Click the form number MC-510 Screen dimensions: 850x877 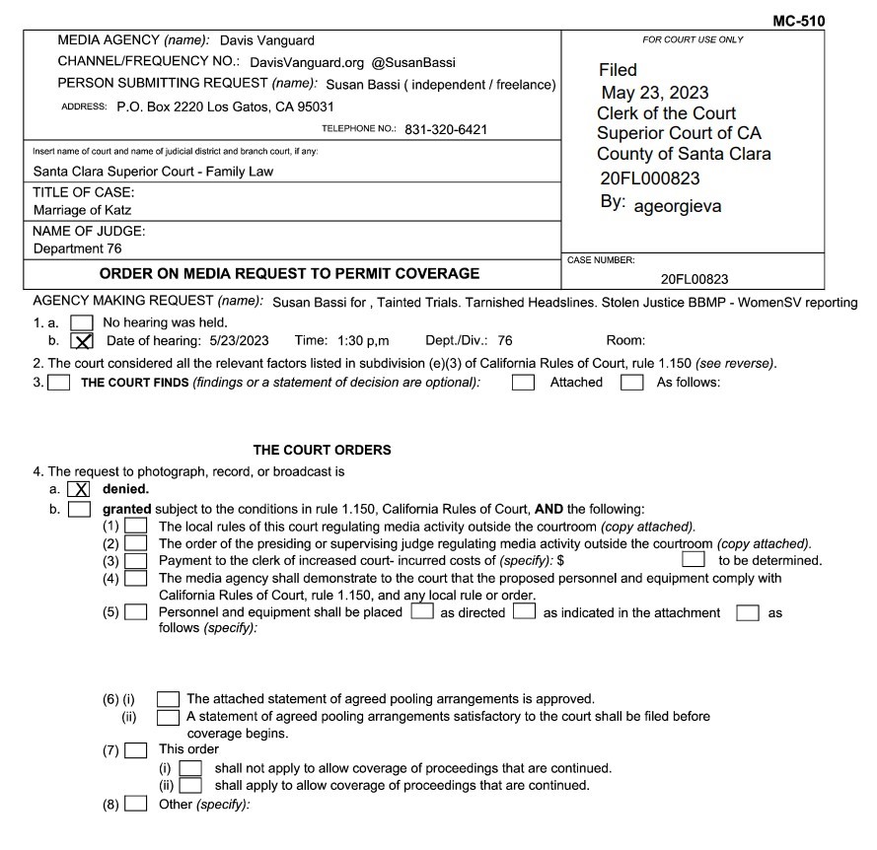(x=800, y=21)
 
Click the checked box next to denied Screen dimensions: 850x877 (x=79, y=489)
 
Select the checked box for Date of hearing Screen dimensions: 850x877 (x=83, y=340)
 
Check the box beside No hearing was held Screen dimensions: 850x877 (x=83, y=321)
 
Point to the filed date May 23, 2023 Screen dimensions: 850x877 (x=654, y=93)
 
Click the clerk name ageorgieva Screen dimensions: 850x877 (x=677, y=206)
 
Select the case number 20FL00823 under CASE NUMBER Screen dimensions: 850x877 (x=694, y=280)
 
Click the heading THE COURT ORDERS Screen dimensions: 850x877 (x=322, y=450)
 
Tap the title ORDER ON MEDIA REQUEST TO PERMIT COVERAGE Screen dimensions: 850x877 (x=290, y=273)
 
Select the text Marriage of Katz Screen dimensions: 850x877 (x=82, y=210)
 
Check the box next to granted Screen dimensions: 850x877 (x=79, y=510)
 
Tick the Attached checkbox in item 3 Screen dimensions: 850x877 (x=523, y=382)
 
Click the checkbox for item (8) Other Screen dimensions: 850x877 (x=136, y=805)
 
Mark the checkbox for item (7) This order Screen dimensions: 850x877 (x=136, y=749)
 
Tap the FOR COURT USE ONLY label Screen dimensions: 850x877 (x=693, y=39)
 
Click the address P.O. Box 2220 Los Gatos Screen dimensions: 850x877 (x=225, y=106)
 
